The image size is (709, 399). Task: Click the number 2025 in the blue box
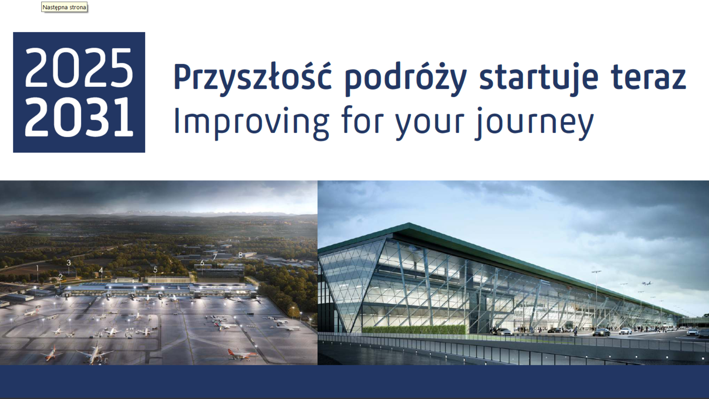click(79, 68)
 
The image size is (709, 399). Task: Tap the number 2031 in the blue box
click(79, 117)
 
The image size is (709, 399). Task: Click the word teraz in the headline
click(648, 78)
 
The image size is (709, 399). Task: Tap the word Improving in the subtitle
click(251, 122)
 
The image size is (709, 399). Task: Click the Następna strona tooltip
click(64, 7)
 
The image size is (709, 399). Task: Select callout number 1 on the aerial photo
click(37, 267)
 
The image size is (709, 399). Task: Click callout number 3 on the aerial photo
click(69, 263)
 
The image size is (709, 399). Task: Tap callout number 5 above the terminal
click(155, 270)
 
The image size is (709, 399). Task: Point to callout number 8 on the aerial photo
click(240, 255)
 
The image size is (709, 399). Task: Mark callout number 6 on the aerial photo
click(202, 263)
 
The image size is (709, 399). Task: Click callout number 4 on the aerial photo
click(101, 270)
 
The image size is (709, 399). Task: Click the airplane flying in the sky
click(647, 284)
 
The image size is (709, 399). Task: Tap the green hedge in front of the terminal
click(414, 330)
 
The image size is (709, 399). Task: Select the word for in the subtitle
click(362, 120)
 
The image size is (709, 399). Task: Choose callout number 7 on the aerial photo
click(215, 257)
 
